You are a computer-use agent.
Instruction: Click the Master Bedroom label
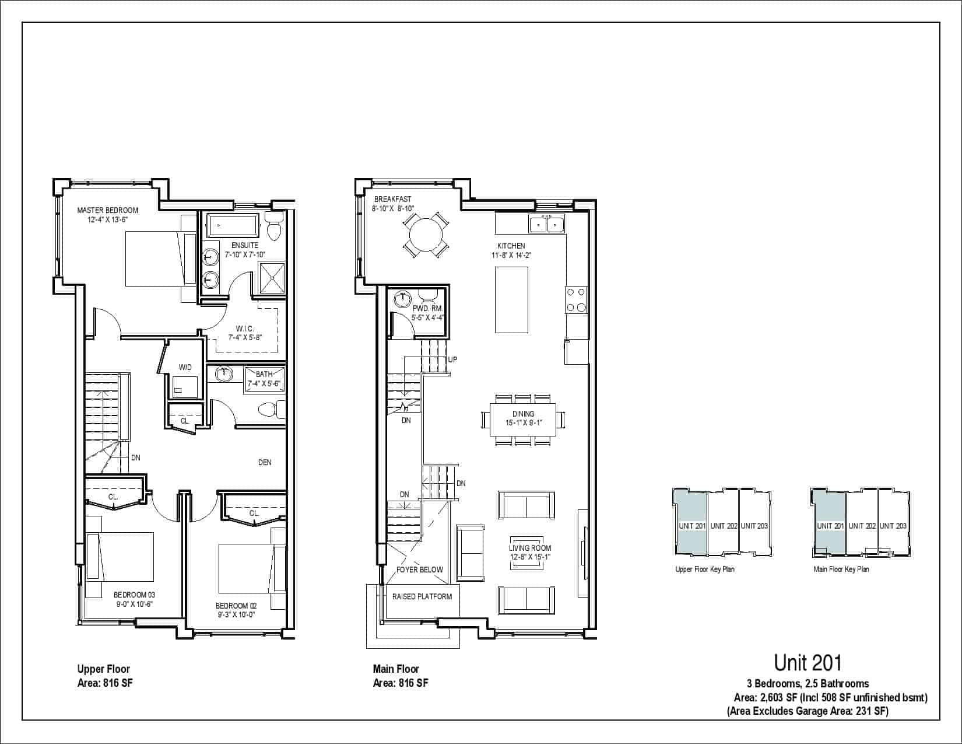click(108, 210)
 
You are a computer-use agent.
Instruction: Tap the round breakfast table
click(426, 235)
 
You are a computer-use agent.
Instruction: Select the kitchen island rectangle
click(511, 299)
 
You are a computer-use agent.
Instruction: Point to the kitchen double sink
click(546, 224)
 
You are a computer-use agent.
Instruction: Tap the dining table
click(523, 419)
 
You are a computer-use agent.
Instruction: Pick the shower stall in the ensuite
click(271, 278)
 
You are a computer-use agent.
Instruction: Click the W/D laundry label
click(185, 367)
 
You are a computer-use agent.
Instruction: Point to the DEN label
click(265, 462)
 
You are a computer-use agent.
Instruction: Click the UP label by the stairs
click(452, 359)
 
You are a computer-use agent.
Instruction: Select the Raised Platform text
click(422, 596)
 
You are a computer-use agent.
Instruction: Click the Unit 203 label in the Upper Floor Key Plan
click(754, 526)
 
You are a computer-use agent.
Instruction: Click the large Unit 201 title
click(807, 663)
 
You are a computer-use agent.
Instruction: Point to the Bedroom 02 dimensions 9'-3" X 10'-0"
click(236, 614)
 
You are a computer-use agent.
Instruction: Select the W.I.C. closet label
click(245, 329)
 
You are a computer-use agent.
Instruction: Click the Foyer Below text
click(419, 570)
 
